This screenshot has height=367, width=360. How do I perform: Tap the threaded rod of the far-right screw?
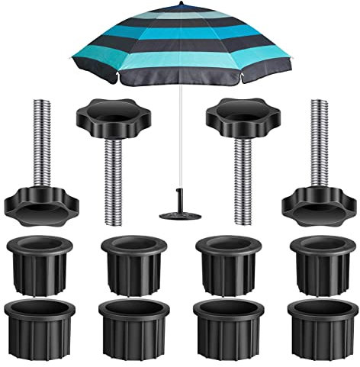(316, 145)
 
